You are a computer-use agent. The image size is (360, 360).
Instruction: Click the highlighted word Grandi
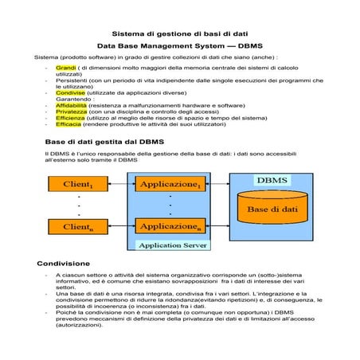tap(65, 68)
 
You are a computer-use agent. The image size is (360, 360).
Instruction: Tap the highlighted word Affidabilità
tap(72, 105)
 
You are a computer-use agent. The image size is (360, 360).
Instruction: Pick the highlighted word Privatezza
tap(71, 112)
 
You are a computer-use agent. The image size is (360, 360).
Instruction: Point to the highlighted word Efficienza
tap(71, 118)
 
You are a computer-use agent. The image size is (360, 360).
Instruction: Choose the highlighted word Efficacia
tap(68, 124)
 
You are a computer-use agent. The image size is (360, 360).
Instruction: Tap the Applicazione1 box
tap(170, 185)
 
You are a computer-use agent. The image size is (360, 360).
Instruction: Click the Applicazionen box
tap(170, 227)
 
